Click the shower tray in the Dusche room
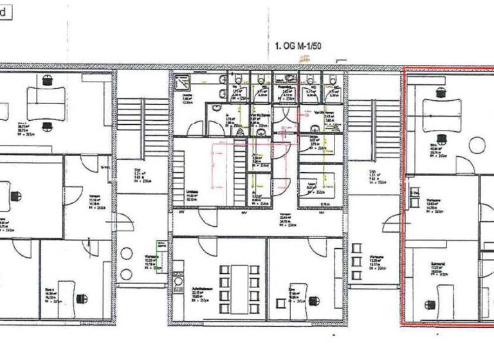(182, 82)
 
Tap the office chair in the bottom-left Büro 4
(82, 298)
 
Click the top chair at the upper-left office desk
(47, 80)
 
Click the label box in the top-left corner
(6, 13)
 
